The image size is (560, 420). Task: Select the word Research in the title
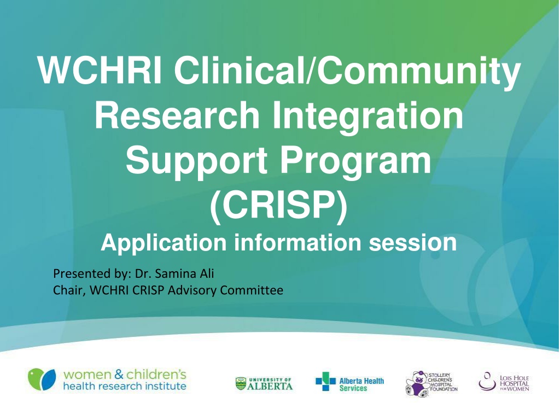tap(177, 115)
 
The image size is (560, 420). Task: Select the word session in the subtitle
tap(412, 242)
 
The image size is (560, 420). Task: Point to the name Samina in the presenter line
tap(176, 273)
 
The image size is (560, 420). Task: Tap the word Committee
tap(252, 290)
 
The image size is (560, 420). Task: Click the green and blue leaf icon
tap(42, 380)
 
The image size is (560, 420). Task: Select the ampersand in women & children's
tap(119, 375)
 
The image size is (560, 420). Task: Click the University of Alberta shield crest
tap(241, 384)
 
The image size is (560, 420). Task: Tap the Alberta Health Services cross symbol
tap(326, 381)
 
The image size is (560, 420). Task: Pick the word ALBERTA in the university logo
tap(270, 386)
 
